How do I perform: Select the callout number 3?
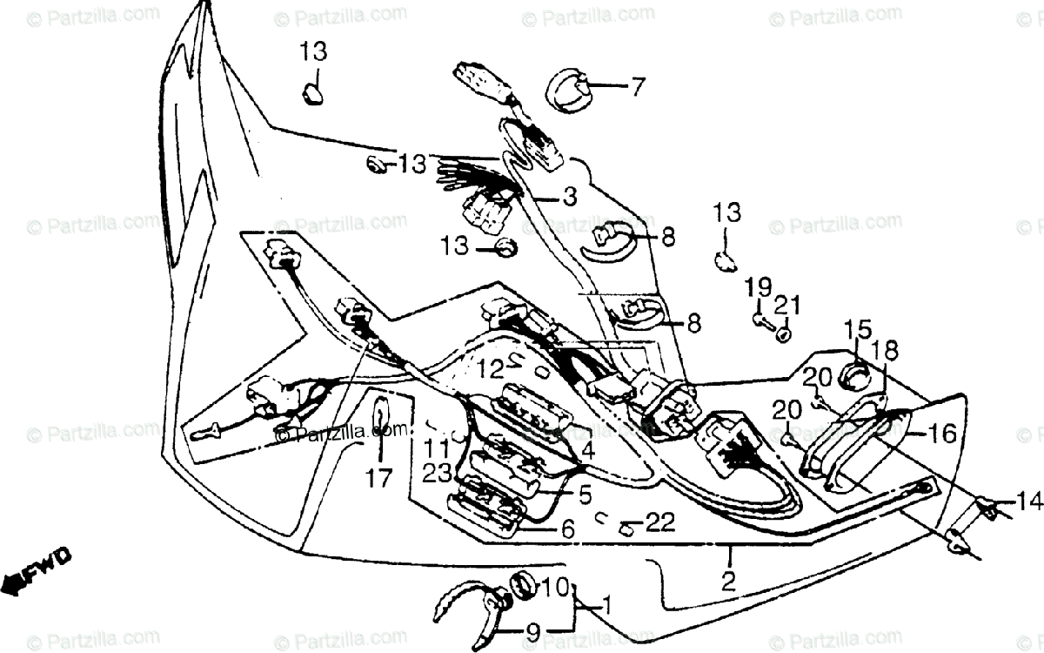(568, 198)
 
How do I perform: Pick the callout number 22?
(660, 522)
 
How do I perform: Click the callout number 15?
(857, 329)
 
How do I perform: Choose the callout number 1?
(606, 604)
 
